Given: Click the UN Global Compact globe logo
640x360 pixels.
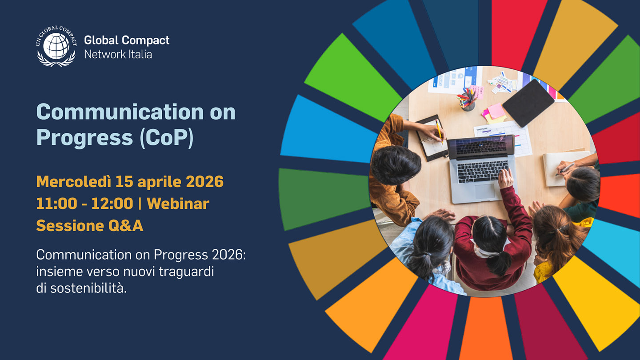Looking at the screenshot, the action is click(56, 46).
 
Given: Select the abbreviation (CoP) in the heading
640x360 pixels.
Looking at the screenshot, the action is click(167, 138).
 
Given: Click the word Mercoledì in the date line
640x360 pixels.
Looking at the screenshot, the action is click(74, 181).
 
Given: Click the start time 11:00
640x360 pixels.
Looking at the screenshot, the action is click(56, 204).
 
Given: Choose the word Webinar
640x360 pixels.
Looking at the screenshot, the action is click(178, 204).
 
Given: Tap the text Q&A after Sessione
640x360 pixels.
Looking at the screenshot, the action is click(125, 226).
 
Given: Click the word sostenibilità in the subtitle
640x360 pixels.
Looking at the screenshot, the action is click(88, 288).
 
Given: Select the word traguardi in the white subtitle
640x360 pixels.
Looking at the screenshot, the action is click(186, 272).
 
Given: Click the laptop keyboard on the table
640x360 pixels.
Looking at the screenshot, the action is click(483, 172).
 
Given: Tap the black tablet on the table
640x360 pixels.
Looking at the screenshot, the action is click(528, 103).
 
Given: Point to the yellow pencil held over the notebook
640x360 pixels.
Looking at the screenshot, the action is click(439, 132).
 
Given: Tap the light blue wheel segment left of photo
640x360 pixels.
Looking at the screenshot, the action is click(329, 129).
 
